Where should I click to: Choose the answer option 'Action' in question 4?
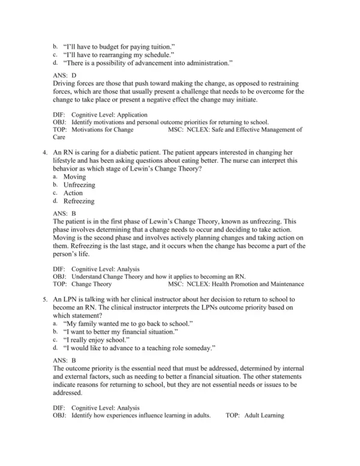[x=73, y=193]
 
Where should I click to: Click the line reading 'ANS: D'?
[x=65, y=75]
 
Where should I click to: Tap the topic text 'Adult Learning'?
[x=264, y=415]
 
